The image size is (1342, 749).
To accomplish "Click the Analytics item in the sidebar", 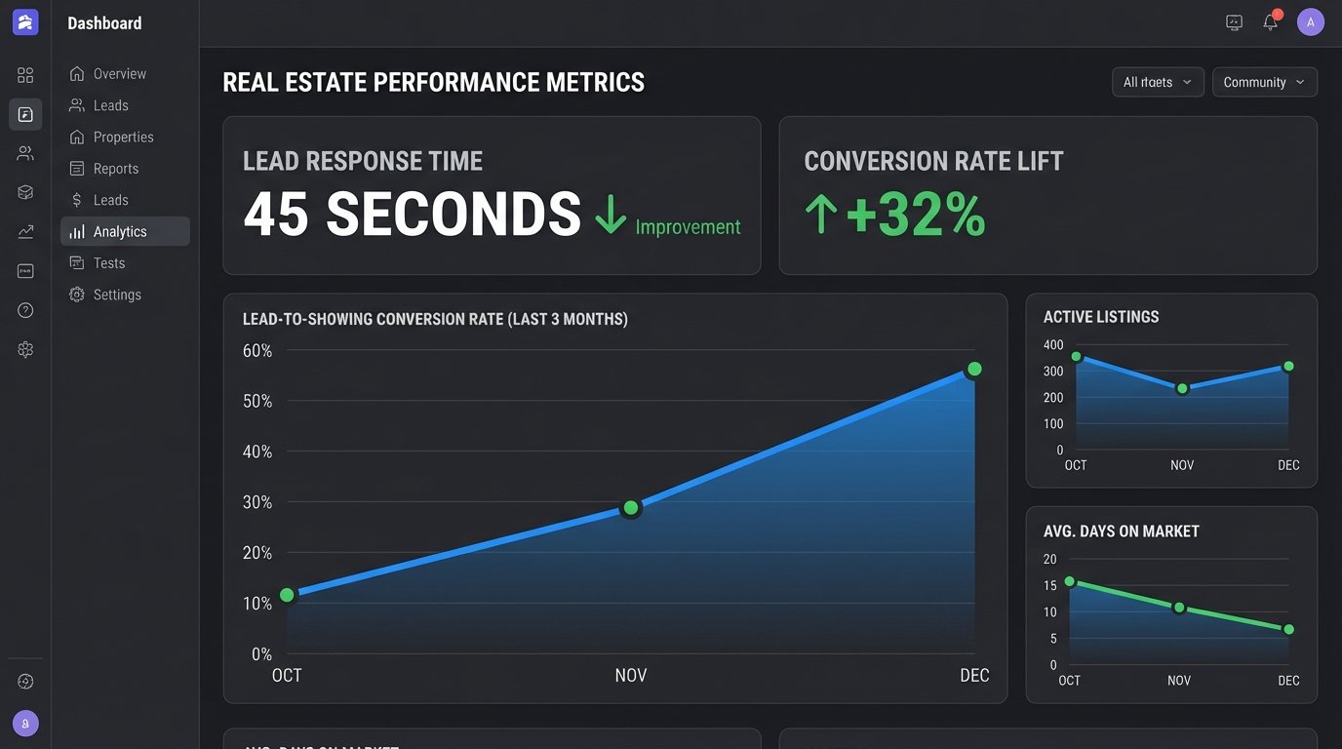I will tap(120, 231).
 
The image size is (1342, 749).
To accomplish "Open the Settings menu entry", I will tap(117, 295).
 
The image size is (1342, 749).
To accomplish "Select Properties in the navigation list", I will tap(123, 137).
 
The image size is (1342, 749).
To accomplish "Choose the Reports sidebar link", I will tap(115, 169).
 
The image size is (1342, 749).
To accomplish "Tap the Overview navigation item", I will tap(119, 74).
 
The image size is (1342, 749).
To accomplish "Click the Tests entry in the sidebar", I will tap(108, 263).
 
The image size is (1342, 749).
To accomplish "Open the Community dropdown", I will tap(1264, 82).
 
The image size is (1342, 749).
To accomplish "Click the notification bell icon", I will tap(1270, 22).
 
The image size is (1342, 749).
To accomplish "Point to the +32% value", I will tap(915, 215).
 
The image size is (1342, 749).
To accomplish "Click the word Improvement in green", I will tap(688, 227).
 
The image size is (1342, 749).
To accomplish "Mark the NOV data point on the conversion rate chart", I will tap(631, 507).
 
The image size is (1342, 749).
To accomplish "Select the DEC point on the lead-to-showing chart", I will tap(973, 369).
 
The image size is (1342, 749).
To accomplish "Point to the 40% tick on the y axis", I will tap(257, 452).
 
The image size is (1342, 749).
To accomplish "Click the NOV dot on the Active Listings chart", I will tap(1182, 388).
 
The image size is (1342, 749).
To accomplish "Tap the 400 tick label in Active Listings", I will tap(1053, 345).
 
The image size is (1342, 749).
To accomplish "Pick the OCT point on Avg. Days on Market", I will tap(1070, 581).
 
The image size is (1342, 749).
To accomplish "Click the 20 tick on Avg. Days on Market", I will tap(1050, 559).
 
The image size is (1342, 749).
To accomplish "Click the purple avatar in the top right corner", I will tap(1311, 21).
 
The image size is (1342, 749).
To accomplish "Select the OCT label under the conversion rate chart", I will tap(287, 675).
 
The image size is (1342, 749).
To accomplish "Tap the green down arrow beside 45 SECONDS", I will tap(611, 214).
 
